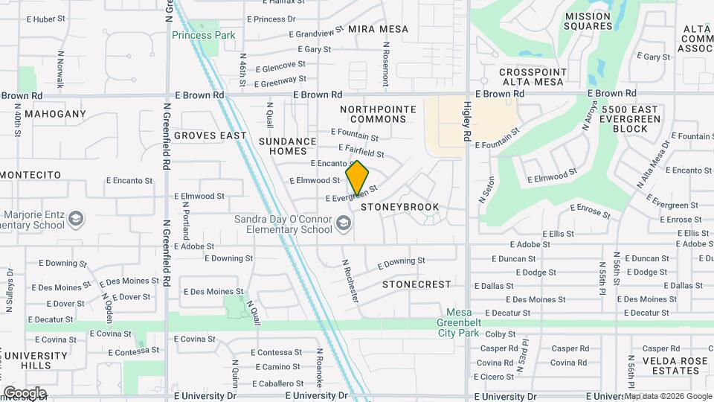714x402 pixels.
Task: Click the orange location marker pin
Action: (357, 177)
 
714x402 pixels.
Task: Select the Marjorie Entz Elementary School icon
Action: (75, 219)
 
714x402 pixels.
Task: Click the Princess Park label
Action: (203, 35)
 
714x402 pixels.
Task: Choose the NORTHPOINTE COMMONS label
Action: (378, 114)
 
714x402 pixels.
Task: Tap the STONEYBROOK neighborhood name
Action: (400, 207)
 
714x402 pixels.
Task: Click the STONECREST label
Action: (416, 284)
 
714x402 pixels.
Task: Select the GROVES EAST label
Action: (211, 135)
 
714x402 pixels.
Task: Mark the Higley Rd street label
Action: (468, 122)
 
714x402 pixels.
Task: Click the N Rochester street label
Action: (350, 281)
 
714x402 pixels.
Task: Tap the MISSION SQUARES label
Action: (588, 21)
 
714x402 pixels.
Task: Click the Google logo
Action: (24, 393)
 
